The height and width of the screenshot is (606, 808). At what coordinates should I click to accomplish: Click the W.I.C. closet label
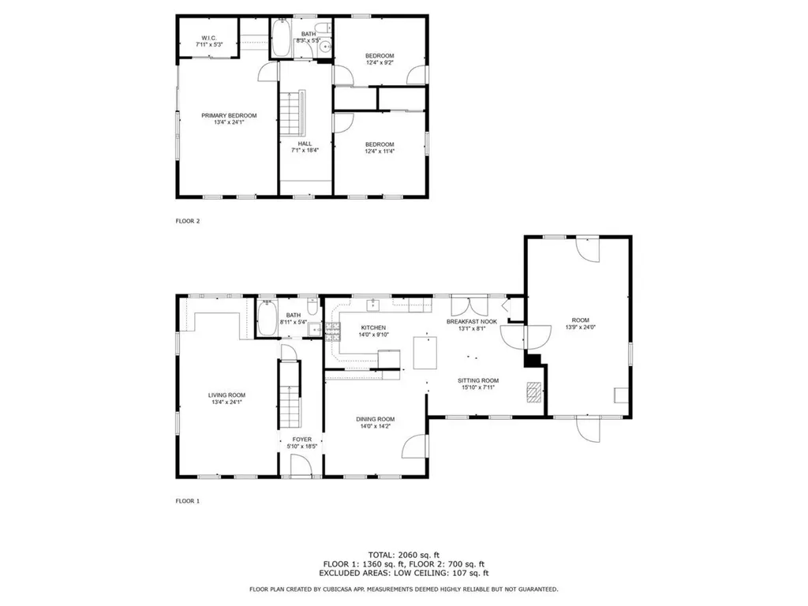(208, 37)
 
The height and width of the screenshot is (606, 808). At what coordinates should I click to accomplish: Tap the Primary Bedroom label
(229, 115)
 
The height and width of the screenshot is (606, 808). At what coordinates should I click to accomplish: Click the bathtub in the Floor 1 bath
(267, 322)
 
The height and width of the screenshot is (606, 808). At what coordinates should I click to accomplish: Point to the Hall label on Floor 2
(305, 144)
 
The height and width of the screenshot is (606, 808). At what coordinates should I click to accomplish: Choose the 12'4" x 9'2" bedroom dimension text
(379, 62)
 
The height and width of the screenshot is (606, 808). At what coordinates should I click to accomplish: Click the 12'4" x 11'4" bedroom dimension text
(379, 151)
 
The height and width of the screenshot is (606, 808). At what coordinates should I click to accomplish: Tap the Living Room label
(226, 395)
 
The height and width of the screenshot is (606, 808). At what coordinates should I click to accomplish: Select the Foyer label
(302, 440)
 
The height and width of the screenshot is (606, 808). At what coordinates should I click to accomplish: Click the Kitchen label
(373, 327)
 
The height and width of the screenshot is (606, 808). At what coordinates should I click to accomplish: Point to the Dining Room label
(375, 419)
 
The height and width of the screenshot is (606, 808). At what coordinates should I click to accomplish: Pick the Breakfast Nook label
(471, 321)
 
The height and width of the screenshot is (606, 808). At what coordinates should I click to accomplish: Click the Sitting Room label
(478, 380)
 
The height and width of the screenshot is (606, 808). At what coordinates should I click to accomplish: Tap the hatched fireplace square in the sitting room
(535, 392)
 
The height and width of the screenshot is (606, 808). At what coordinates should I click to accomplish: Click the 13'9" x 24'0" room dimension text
(579, 327)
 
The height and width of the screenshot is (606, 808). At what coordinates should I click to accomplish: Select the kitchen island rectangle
(425, 352)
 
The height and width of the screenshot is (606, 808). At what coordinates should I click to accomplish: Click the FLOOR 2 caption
(188, 221)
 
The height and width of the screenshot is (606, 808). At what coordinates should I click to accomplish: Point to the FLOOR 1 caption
(188, 501)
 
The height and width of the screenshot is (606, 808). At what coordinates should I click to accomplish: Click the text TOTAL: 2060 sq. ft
(403, 555)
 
